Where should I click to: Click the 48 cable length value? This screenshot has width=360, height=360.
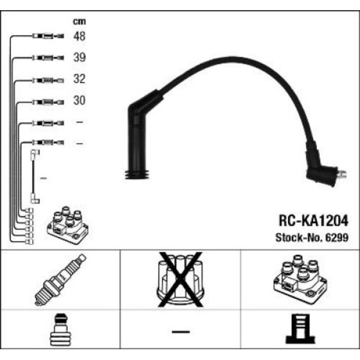click(x=79, y=37)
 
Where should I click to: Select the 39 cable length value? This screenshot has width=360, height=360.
click(x=79, y=58)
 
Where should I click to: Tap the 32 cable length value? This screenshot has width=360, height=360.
click(x=79, y=79)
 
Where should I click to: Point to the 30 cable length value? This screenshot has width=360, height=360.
click(x=79, y=101)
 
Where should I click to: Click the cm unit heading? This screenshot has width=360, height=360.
click(x=79, y=22)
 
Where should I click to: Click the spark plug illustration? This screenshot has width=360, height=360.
click(x=61, y=280)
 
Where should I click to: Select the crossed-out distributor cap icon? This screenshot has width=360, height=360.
click(x=180, y=278)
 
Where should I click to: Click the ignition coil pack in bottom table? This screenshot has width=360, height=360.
click(x=298, y=278)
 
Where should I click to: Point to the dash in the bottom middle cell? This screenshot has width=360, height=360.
click(x=180, y=331)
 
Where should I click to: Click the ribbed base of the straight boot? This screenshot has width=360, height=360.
click(x=137, y=175)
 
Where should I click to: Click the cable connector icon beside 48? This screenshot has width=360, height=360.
click(x=47, y=37)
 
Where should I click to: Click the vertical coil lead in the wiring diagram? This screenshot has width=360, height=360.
click(x=32, y=178)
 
